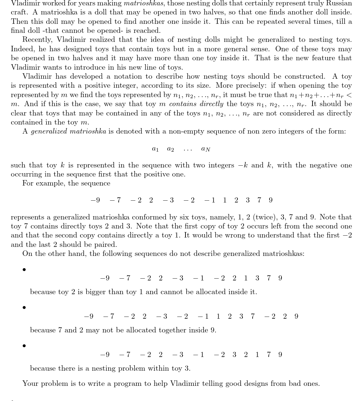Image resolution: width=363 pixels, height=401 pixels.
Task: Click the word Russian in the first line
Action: (x=338, y=3)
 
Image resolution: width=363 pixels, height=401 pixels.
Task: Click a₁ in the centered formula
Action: (x=155, y=149)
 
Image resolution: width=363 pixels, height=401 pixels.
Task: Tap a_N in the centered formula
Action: (x=206, y=149)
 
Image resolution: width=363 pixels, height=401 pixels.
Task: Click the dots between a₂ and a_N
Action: (x=188, y=149)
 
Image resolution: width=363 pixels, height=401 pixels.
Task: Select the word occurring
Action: (x=26, y=174)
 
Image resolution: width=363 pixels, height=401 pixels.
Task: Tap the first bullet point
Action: (x=24, y=270)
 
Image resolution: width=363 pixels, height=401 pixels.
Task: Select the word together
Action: (x=162, y=330)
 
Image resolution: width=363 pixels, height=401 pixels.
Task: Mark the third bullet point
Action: (x=24, y=346)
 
